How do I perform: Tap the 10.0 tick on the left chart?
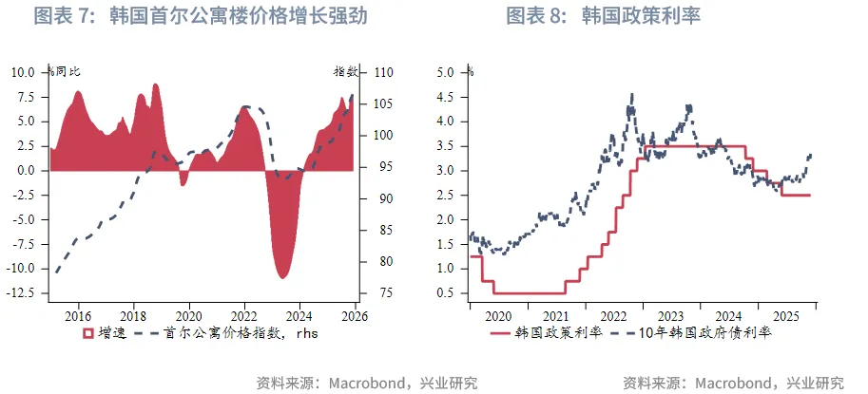[x=24, y=72]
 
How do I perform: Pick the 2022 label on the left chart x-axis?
[x=244, y=316]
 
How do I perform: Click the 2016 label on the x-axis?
[x=77, y=316]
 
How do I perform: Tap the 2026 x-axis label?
[x=355, y=316]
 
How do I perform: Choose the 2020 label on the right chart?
[x=498, y=316]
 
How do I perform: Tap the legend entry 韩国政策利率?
[x=554, y=333]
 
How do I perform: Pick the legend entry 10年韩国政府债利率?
[x=703, y=333]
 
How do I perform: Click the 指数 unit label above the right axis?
[x=344, y=72]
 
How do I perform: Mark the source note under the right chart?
[x=733, y=383]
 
